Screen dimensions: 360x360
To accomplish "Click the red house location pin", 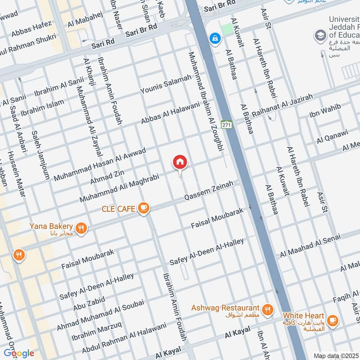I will point(180,162).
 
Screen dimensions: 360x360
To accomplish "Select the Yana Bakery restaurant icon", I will point(81,228).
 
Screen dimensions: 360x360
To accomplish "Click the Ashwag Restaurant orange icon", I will point(267,310).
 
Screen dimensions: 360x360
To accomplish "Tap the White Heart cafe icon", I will point(333,320).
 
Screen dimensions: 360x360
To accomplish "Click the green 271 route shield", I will point(227,125).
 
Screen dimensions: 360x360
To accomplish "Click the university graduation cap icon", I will point(320,35).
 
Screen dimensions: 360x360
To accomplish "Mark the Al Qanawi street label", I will point(332,135).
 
